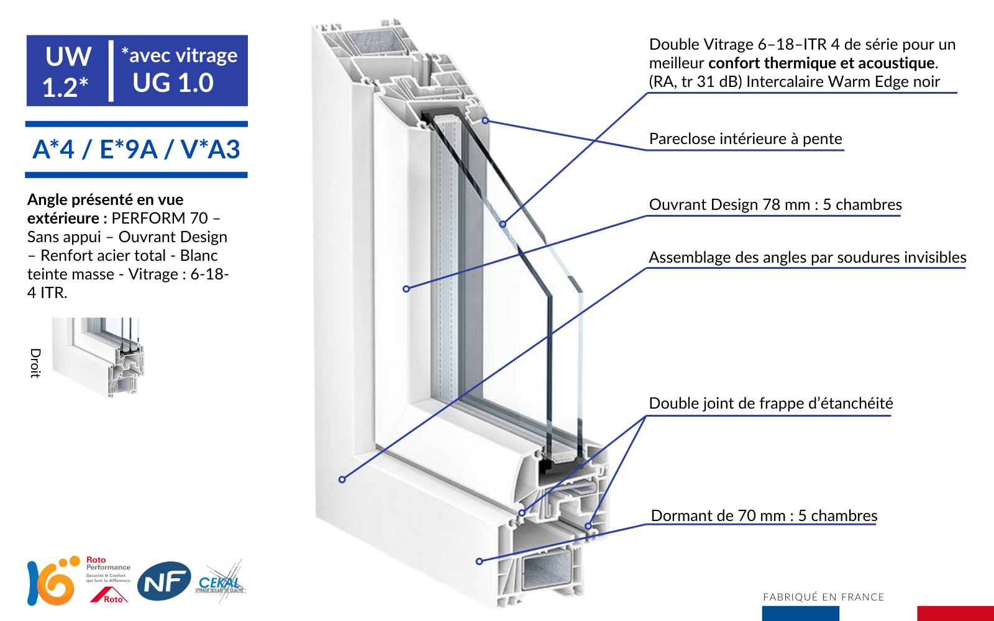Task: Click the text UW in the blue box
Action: [68, 57]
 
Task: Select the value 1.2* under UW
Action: [65, 87]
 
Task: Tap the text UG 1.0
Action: [173, 83]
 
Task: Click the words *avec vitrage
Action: [180, 55]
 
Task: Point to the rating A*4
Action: [53, 150]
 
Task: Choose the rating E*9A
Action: [129, 150]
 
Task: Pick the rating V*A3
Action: [210, 150]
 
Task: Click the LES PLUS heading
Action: [124, 202]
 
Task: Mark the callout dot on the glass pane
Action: [503, 224]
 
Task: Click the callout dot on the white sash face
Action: [406, 289]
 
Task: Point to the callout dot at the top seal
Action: [485, 120]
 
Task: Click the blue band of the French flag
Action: [800, 613]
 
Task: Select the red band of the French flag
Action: [955, 613]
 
